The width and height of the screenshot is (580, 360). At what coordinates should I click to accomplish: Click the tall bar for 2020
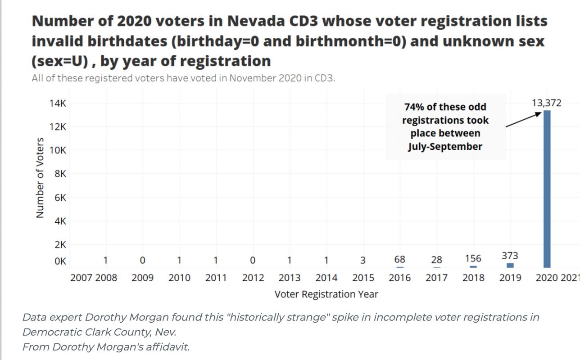tap(547, 189)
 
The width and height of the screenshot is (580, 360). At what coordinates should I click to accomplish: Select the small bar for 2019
tap(510, 265)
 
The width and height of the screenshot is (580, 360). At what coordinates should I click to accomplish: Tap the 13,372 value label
tap(547, 103)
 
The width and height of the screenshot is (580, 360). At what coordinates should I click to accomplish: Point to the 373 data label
tap(510, 256)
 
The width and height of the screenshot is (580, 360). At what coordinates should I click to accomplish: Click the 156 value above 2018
tap(473, 258)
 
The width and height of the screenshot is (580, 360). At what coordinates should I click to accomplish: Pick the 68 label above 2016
tap(399, 259)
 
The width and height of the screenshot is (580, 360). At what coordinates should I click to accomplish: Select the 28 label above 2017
tap(436, 260)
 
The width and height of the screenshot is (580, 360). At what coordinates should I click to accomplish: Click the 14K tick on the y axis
tap(58, 103)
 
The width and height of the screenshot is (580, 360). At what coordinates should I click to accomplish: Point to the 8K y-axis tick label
tap(60, 174)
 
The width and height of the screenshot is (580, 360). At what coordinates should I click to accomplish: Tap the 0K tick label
tap(60, 261)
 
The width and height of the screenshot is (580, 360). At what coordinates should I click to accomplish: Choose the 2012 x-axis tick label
tap(253, 278)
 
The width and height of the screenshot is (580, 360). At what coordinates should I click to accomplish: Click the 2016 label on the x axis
tap(400, 278)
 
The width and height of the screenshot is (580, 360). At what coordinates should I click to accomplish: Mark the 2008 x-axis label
tap(106, 278)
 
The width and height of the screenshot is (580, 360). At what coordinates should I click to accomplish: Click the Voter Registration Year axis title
tap(326, 294)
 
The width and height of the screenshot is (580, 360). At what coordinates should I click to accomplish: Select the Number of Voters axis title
tap(40, 178)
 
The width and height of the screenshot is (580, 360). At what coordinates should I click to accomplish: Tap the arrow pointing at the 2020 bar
tap(523, 120)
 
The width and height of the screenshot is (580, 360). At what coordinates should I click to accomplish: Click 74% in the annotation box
tap(414, 107)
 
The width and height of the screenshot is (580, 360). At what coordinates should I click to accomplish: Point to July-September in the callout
tap(445, 146)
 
